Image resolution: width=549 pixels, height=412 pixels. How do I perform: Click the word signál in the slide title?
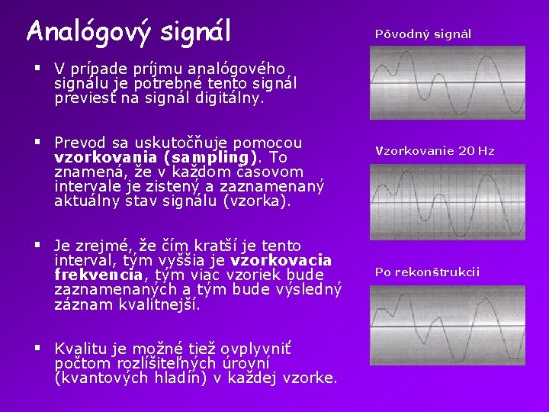click(x=196, y=32)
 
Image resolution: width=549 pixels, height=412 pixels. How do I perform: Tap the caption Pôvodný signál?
click(x=423, y=34)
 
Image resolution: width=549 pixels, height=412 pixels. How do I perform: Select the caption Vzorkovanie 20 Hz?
click(x=435, y=151)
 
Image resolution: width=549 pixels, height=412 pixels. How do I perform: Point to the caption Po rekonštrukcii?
click(x=427, y=272)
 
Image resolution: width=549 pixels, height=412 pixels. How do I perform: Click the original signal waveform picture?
click(x=447, y=82)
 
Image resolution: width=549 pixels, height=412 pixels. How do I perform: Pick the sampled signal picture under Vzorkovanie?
click(x=447, y=202)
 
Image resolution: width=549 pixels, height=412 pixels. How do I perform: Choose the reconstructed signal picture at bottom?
click(x=447, y=324)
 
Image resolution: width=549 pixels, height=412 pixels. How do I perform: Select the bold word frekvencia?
click(x=98, y=275)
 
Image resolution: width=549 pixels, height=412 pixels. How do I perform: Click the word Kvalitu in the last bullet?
click(x=80, y=349)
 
